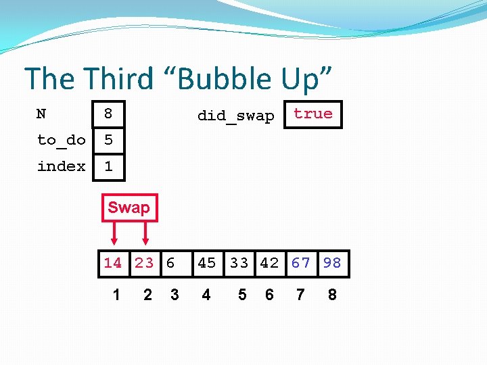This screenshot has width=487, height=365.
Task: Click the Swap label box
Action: click(x=129, y=208)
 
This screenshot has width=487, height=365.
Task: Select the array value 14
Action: click(x=113, y=263)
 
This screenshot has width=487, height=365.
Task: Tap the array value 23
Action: click(x=144, y=263)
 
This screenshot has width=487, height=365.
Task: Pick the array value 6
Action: click(x=170, y=263)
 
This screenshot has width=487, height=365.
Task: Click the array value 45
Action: click(x=206, y=263)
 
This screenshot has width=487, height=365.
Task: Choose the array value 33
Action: click(x=239, y=263)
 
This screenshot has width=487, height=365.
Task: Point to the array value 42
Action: click(x=269, y=263)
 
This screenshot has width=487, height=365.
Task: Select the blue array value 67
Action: click(x=301, y=263)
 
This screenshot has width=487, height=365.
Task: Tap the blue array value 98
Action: click(x=332, y=263)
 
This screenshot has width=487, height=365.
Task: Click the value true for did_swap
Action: click(x=313, y=114)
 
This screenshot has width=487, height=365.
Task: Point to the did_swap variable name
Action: click(x=235, y=116)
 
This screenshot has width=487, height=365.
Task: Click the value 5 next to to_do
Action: click(x=108, y=140)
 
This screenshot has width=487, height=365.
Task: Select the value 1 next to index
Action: click(x=108, y=166)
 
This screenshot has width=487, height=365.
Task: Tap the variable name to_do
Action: click(x=62, y=140)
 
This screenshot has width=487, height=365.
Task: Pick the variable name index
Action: click(x=62, y=166)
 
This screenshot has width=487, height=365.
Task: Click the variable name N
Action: click(x=41, y=114)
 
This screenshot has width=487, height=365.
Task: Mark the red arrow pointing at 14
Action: click(x=114, y=233)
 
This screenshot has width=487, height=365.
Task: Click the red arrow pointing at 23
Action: click(x=145, y=233)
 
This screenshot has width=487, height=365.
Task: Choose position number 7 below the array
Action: click(x=301, y=295)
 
